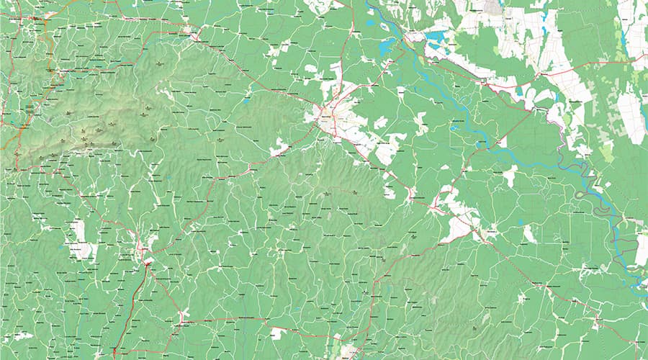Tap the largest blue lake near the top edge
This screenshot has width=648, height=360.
point(436,37)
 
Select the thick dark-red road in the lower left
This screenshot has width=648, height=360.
point(133,302)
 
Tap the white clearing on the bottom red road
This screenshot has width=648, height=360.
point(277,333)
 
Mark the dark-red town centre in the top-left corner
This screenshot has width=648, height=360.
point(34,18)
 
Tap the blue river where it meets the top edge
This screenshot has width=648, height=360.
point(368,4)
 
